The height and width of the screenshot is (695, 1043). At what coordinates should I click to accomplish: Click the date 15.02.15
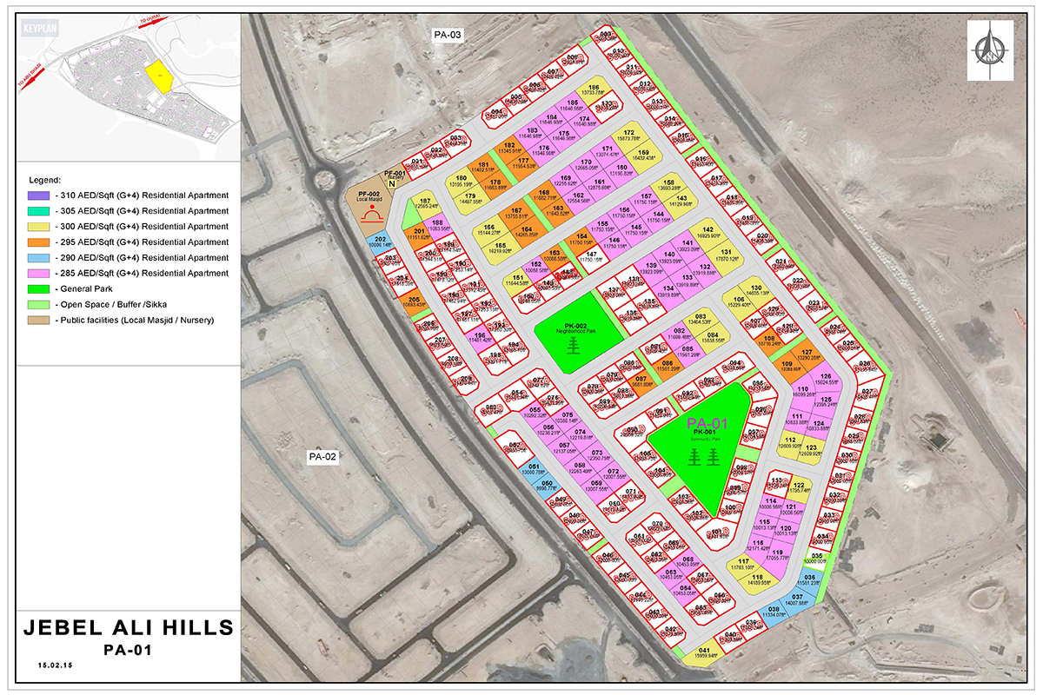click(55, 665)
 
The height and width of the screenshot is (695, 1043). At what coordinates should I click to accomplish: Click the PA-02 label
click(322, 455)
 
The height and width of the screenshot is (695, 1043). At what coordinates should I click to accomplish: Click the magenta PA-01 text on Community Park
click(703, 423)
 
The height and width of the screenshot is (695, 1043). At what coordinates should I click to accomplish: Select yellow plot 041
click(705, 653)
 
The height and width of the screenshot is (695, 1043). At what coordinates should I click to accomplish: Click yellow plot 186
click(595, 90)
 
